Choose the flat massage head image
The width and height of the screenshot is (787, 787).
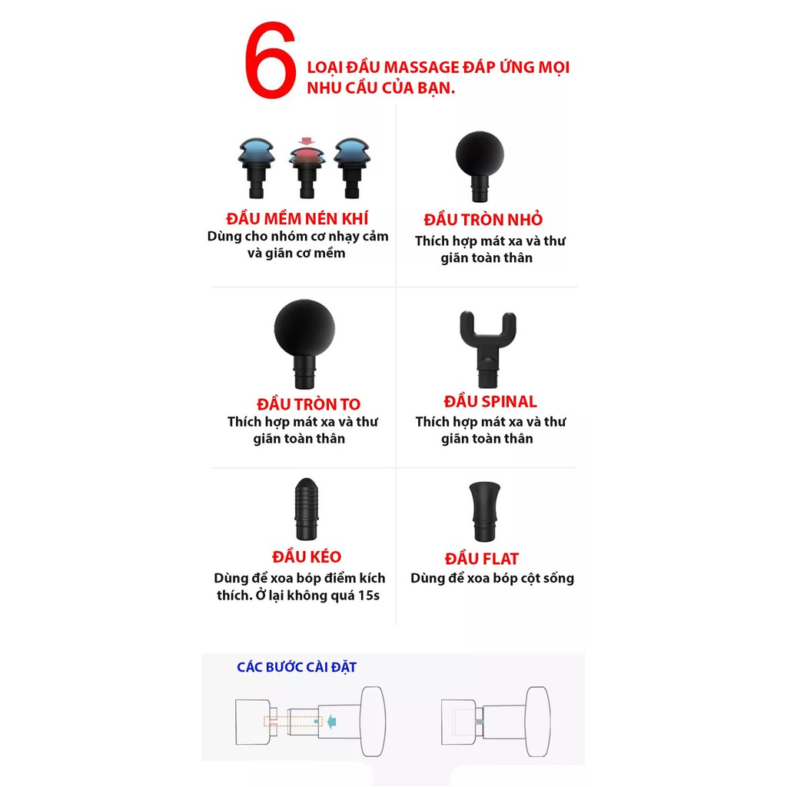pyautogui.click(x=486, y=510)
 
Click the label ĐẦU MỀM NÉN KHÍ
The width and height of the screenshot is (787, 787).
pyautogui.click(x=297, y=219)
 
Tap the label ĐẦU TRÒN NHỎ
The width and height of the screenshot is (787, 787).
pyautogui.click(x=483, y=220)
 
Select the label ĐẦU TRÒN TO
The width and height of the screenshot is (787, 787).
pyautogui.click(x=308, y=404)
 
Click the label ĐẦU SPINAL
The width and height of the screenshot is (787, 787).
pyautogui.click(x=490, y=401)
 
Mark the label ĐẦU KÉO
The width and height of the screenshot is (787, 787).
pyautogui.click(x=307, y=556)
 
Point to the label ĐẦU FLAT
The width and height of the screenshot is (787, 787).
pyautogui.click(x=482, y=559)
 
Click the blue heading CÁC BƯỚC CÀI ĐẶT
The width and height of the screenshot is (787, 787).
pyautogui.click(x=297, y=667)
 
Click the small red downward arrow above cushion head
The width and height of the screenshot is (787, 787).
pyautogui.click(x=307, y=141)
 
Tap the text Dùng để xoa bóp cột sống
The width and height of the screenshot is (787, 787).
pyautogui.click(x=492, y=579)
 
